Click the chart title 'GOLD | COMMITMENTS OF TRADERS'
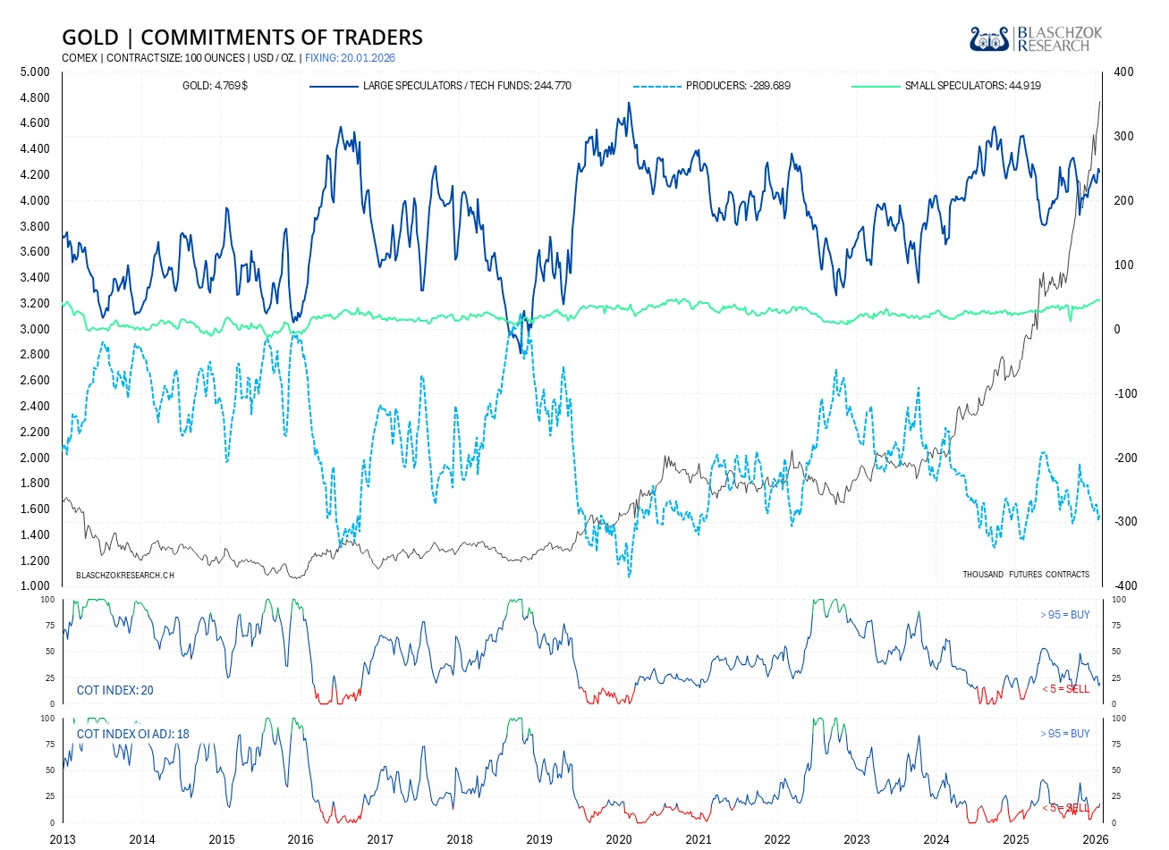[242, 38]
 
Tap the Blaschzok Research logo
[1036, 39]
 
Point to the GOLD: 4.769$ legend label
[215, 86]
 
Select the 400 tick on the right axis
[1123, 72]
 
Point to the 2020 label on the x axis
[619, 839]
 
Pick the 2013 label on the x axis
[63, 839]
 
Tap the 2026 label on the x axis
[1096, 839]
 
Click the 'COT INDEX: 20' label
[115, 690]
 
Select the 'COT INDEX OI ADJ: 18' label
[133, 734]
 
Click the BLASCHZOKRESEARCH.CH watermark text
[125, 575]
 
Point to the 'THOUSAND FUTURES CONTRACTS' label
[1026, 575]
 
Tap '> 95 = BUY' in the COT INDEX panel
[1064, 615]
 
